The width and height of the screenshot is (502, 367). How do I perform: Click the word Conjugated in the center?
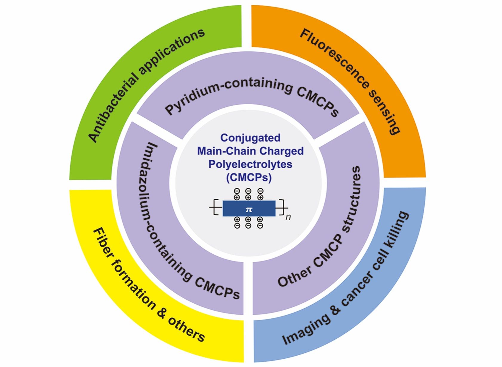[x=250, y=138]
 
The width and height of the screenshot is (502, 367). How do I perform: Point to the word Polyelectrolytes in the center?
[x=250, y=164]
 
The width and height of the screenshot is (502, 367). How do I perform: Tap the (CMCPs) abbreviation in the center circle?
[x=249, y=178]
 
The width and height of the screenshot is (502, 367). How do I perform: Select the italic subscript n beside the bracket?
[x=288, y=217]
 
